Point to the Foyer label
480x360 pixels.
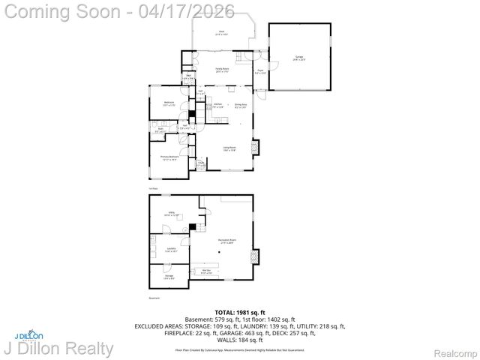259,71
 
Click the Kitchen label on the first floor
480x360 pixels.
217,106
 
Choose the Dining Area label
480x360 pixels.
240,106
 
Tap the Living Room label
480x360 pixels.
229,148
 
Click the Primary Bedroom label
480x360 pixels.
168,158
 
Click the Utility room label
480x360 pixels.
170,214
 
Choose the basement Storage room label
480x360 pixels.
169,277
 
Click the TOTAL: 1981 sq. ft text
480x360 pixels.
240,311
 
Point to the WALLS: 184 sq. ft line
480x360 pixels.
240,339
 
